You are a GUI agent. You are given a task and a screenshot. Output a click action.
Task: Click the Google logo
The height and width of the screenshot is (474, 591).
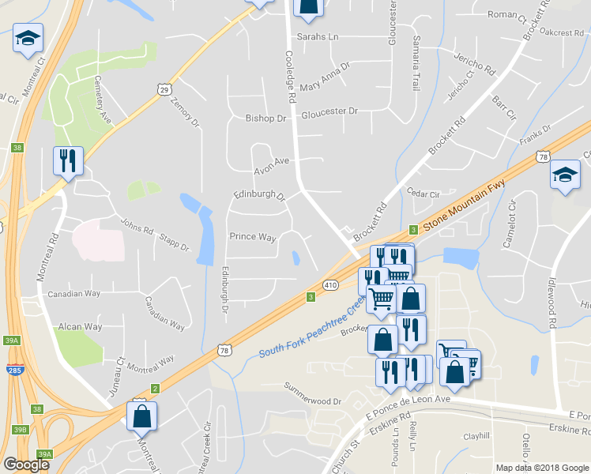click(26, 465)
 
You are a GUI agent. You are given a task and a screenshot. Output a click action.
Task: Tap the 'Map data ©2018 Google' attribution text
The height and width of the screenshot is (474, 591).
click(542, 468)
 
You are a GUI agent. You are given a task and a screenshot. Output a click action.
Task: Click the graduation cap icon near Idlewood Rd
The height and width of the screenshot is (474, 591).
click(564, 175)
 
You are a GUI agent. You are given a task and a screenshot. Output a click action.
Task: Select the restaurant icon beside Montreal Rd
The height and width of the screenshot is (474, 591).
click(67, 161)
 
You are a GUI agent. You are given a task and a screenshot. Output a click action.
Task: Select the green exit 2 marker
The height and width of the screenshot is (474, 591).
click(156, 388)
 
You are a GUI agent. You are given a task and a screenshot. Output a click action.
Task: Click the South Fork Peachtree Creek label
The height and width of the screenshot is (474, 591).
click(311, 328)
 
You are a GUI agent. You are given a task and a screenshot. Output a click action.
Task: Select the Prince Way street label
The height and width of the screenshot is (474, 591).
click(252, 237)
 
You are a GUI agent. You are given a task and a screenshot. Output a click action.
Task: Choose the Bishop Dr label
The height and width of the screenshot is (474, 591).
click(265, 118)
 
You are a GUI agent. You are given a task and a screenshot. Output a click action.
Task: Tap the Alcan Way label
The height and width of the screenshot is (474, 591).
click(80, 326)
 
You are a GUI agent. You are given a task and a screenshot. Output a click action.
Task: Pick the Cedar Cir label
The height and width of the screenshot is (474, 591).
click(423, 192)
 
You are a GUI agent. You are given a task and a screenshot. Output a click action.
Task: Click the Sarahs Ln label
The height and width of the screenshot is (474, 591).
click(317, 37)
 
